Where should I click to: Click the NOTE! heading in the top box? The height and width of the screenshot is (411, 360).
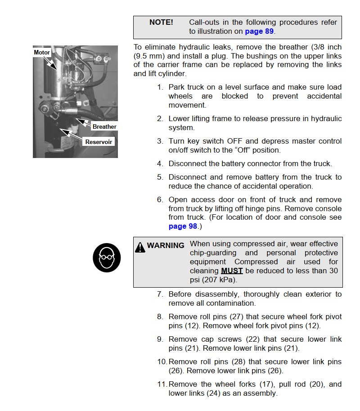click(x=161, y=23)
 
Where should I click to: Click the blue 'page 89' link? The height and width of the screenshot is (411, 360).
click(x=259, y=32)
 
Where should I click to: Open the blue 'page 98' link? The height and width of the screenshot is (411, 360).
click(x=183, y=226)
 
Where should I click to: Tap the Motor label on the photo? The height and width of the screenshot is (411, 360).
click(x=42, y=53)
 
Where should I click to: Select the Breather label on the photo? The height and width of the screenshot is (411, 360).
click(x=104, y=127)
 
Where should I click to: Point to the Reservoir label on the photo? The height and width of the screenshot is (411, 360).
click(x=99, y=142)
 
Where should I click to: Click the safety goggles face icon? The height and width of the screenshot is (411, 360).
click(x=106, y=258)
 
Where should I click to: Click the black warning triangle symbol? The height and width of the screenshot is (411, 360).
click(x=140, y=247)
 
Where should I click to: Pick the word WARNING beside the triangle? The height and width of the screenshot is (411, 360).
click(x=166, y=246)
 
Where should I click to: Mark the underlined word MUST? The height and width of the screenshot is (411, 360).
click(x=232, y=271)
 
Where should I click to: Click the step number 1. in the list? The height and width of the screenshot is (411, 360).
click(x=160, y=87)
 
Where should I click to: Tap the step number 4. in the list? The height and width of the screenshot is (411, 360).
click(x=160, y=164)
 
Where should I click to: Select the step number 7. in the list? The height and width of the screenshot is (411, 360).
click(x=160, y=294)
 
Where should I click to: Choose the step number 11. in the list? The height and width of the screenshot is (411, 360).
click(x=162, y=384)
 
